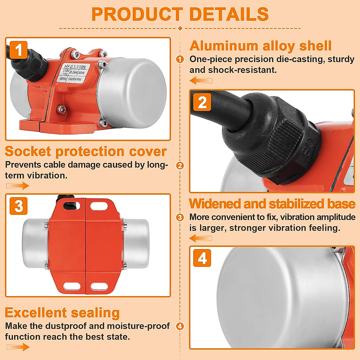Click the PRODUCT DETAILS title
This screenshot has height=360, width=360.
[x=180, y=14]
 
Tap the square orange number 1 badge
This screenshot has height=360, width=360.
[x=19, y=50]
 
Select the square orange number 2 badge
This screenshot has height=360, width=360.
[x=202, y=102]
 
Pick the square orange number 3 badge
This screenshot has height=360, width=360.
[x=19, y=206]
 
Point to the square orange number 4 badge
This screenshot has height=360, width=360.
[x=202, y=258]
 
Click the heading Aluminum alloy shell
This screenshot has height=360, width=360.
[x=260, y=46]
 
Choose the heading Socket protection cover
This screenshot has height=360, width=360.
[x=86, y=151]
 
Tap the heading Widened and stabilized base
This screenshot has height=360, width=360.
[x=272, y=204]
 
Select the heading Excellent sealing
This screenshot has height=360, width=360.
[x=62, y=313]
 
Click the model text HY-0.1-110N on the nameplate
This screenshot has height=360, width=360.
[x=75, y=67]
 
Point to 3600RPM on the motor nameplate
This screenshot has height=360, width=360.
[x=74, y=79]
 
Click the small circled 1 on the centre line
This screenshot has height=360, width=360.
[x=180, y=59]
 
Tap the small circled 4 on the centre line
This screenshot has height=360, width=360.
[x=180, y=326]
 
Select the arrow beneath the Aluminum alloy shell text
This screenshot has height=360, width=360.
[x=201, y=80]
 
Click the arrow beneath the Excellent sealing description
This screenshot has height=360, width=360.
[x=18, y=347]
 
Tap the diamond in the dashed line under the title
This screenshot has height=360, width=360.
[x=180, y=28]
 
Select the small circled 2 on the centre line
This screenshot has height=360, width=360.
[x=180, y=166]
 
